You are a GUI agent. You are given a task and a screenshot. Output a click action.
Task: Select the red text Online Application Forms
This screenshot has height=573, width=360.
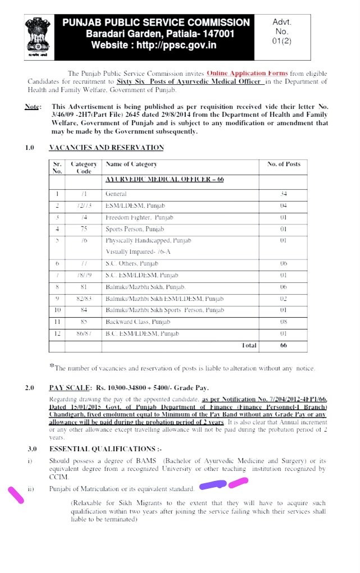(247, 74)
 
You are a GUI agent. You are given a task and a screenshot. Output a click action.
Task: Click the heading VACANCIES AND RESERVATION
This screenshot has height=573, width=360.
(106, 148)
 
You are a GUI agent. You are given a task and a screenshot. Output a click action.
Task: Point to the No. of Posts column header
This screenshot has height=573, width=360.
(283, 164)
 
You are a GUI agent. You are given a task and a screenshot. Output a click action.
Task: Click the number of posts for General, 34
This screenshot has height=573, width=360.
(283, 194)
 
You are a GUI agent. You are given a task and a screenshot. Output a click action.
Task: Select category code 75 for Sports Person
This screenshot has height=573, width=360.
(83, 229)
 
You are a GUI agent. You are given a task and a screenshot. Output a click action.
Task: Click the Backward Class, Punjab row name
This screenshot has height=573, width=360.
(133, 322)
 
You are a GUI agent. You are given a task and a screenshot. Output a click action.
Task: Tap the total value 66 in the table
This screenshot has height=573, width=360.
(283, 345)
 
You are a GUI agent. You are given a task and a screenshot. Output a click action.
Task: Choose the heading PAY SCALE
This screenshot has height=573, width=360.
(69, 387)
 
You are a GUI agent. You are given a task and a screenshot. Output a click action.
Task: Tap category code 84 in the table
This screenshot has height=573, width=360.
(83, 310)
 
